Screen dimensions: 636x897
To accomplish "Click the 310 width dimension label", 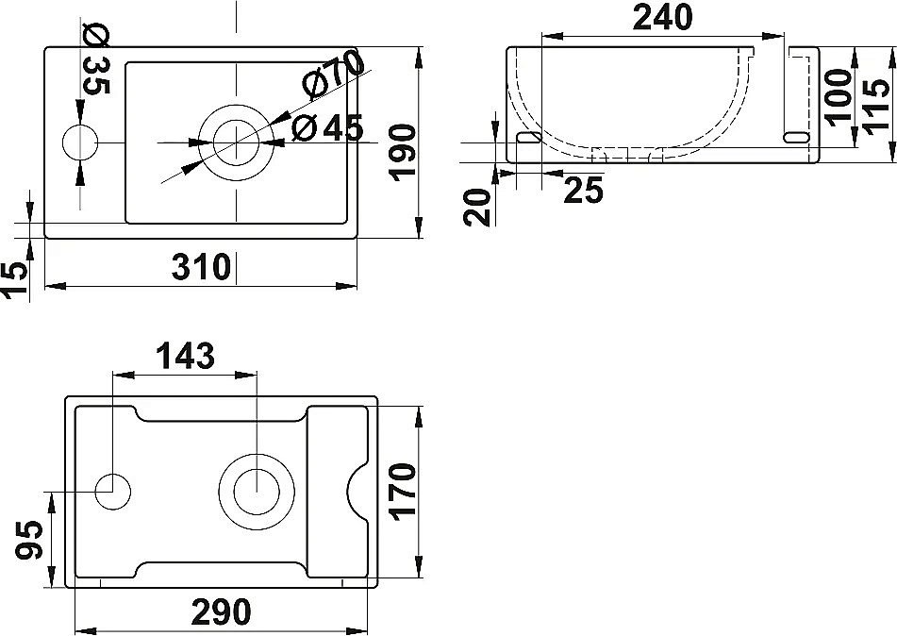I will (201, 267).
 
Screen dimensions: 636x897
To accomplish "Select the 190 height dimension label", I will (402, 152).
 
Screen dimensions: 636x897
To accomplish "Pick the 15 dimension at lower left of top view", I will (14, 280).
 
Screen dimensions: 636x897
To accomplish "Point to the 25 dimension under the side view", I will (583, 190).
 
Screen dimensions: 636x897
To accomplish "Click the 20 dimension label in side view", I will (479, 206).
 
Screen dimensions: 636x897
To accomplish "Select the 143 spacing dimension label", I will (185, 356).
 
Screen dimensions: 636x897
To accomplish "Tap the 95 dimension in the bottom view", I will (29, 541).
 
